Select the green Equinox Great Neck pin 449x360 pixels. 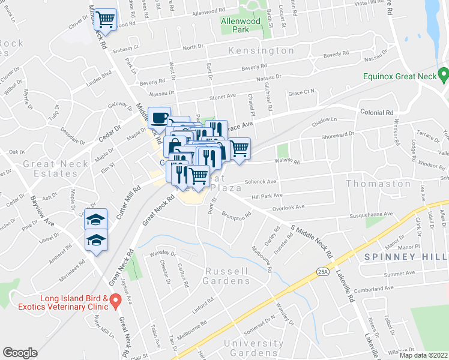(444, 76)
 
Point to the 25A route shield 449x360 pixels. (322, 272)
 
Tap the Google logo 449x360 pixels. (20, 353)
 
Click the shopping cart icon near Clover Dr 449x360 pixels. (106, 19)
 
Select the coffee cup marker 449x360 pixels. (159, 118)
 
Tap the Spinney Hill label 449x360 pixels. (406, 257)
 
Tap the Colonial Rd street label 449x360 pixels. (376, 112)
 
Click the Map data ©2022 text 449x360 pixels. (423, 355)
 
